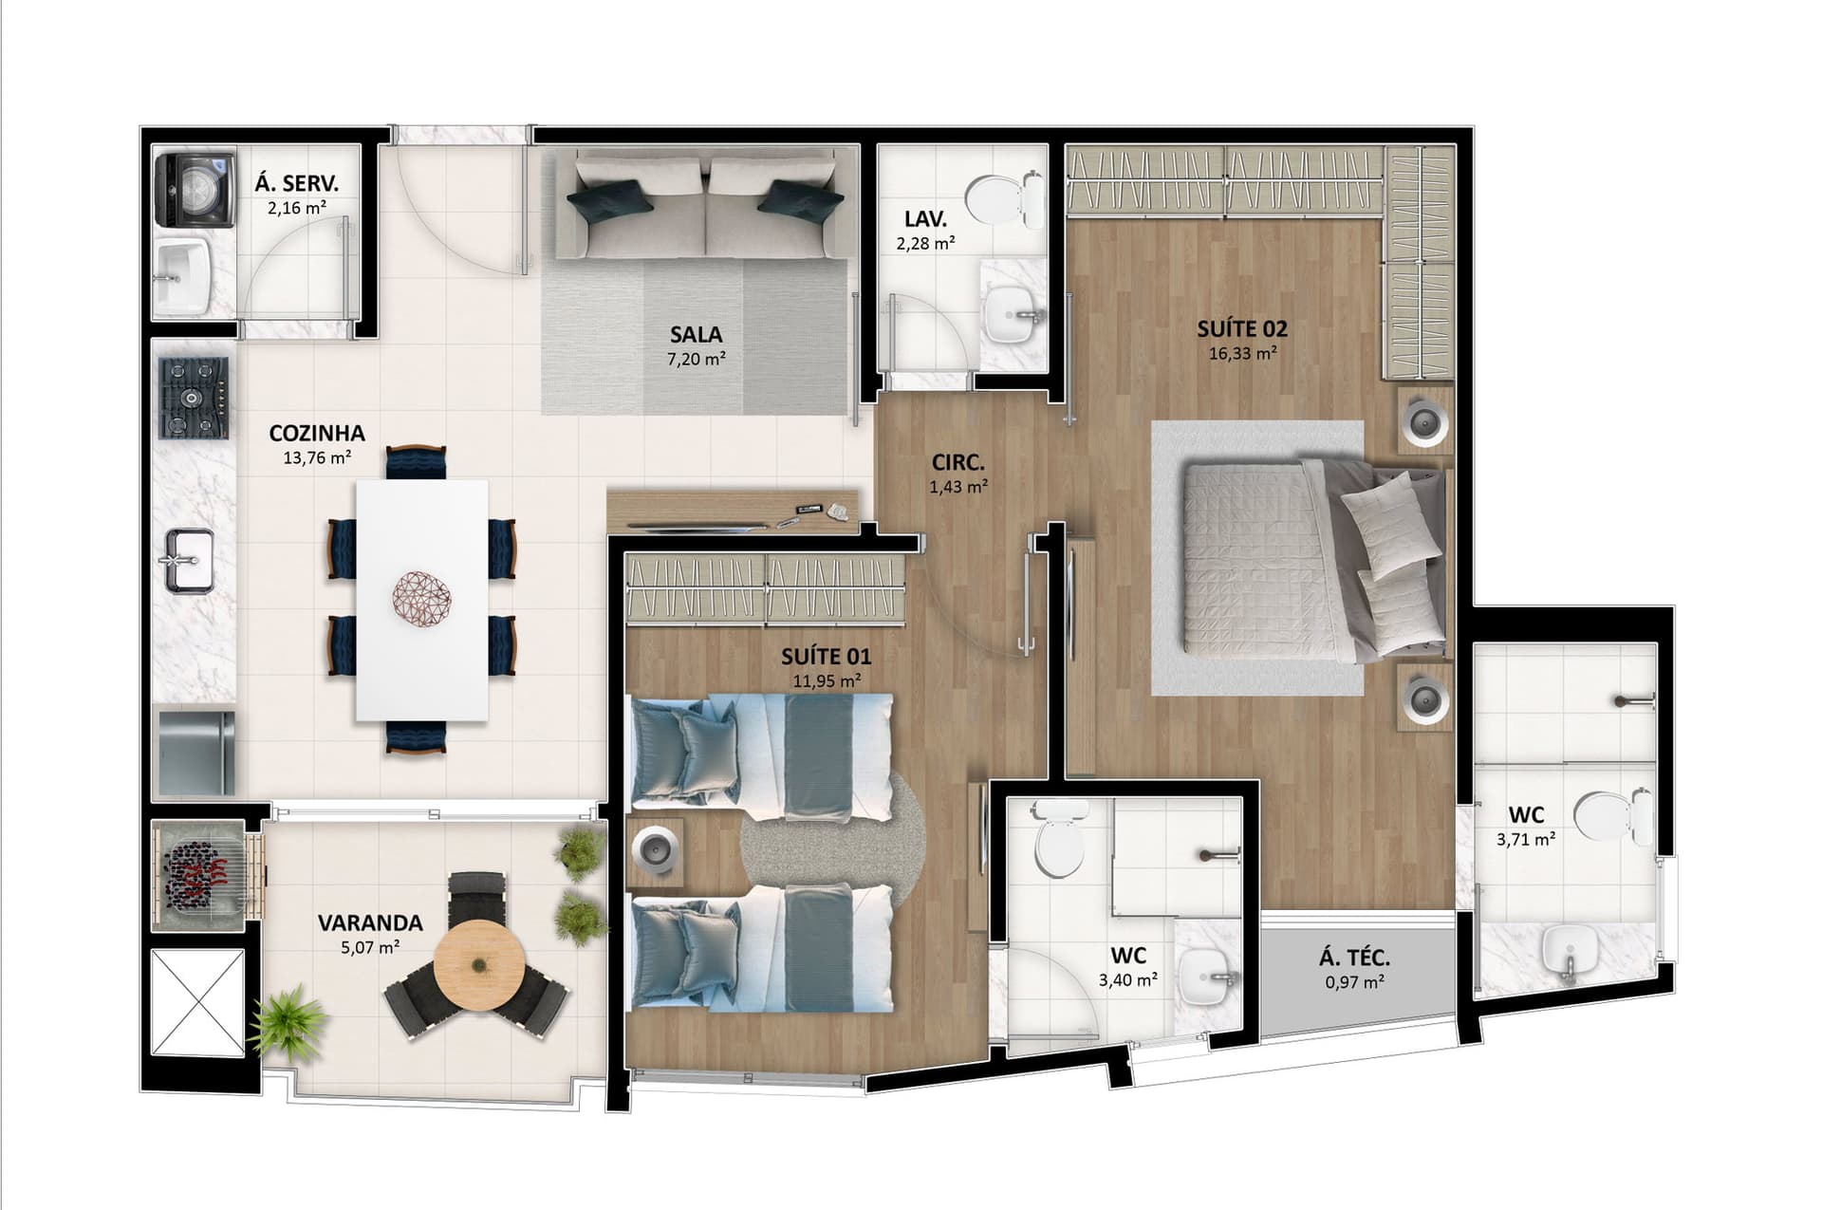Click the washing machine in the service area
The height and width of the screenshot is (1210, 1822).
pyautogui.click(x=195, y=191)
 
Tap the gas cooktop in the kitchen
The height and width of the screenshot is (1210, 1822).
pyautogui.click(x=195, y=398)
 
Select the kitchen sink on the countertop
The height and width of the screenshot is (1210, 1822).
pyautogui.click(x=190, y=561)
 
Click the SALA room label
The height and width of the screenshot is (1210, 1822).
pyautogui.click(x=696, y=334)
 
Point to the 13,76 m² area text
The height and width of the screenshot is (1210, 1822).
pyautogui.click(x=317, y=457)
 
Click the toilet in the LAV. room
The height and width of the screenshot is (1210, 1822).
pyautogui.click(x=1004, y=198)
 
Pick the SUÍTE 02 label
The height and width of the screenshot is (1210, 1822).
pyautogui.click(x=1241, y=329)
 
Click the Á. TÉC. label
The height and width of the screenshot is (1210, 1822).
pyautogui.click(x=1354, y=959)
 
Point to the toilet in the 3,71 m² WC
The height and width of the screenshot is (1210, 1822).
pyautogui.click(x=1612, y=816)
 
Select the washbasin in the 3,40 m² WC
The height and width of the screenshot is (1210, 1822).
pyautogui.click(x=1205, y=977)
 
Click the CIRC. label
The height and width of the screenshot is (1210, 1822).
pyautogui.click(x=957, y=463)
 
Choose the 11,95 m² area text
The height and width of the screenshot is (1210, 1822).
pyautogui.click(x=827, y=680)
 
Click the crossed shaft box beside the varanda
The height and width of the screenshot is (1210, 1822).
pyautogui.click(x=198, y=1001)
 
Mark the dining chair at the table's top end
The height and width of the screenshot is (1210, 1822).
pyautogui.click(x=416, y=462)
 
